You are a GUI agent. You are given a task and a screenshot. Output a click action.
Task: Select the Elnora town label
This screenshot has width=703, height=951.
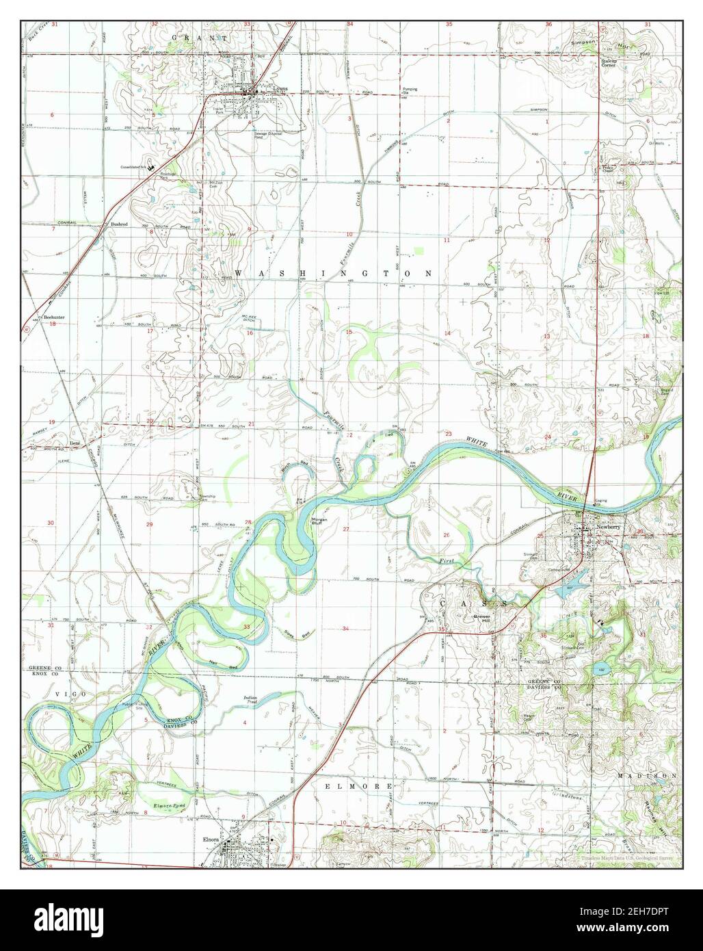209,837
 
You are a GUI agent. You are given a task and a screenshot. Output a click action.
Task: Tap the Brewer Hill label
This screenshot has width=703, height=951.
484,616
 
